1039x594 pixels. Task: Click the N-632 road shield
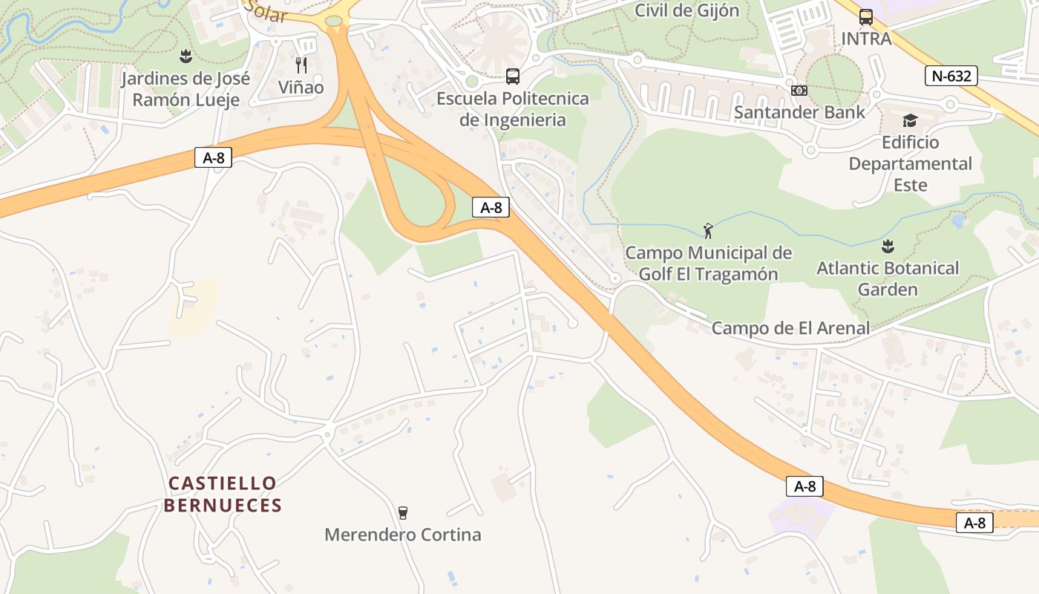(951, 76)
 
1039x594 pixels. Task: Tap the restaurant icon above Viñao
(301, 65)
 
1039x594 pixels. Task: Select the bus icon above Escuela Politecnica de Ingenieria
(512, 76)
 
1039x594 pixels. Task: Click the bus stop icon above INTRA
(865, 17)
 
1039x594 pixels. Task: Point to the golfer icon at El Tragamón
(708, 230)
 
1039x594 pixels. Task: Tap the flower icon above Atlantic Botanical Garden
(888, 246)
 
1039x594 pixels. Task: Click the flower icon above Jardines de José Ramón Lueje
(186, 56)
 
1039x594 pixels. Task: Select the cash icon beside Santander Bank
(799, 90)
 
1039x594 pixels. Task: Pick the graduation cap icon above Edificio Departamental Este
(910, 120)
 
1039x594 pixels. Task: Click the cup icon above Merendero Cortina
(402, 512)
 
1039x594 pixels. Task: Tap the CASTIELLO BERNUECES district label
(223, 495)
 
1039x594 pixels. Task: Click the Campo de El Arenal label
(790, 327)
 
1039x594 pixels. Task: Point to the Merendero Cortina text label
(403, 535)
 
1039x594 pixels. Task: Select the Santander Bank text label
(799, 112)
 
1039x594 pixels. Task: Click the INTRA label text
(866, 39)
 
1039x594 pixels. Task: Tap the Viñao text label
(301, 88)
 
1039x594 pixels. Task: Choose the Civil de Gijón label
(687, 10)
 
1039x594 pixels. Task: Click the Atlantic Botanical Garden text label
(888, 278)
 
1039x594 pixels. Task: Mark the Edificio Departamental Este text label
(910, 163)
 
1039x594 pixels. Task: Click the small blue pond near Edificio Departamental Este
(959, 221)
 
